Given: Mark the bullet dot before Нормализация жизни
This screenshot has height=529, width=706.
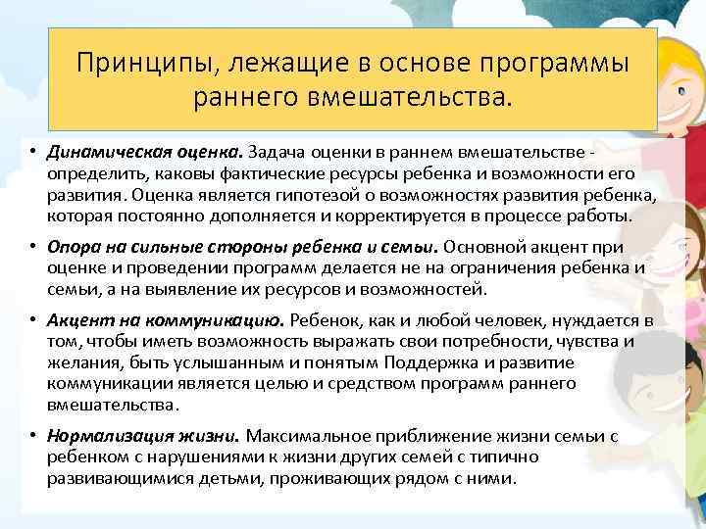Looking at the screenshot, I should (x=32, y=436).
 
